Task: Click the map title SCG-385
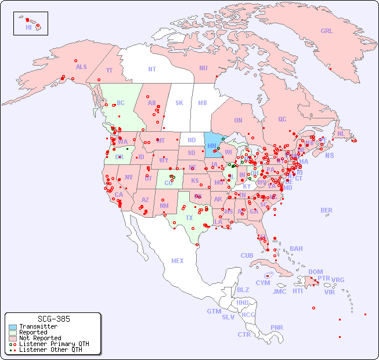(53, 319)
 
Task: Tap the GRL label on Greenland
(327, 31)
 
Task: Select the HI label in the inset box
(28, 27)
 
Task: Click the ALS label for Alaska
(81, 67)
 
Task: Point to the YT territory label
(109, 70)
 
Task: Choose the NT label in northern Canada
(151, 69)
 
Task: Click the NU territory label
(203, 68)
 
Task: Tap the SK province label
(179, 103)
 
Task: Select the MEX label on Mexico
(178, 261)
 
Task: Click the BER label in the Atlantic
(327, 210)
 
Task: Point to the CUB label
(247, 255)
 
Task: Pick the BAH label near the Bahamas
(296, 249)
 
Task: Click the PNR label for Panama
(277, 327)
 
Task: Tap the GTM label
(214, 311)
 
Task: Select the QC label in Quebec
(282, 120)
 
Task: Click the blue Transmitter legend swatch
(12, 327)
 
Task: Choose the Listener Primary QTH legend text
(54, 344)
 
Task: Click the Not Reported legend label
(40, 338)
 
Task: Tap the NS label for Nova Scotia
(329, 155)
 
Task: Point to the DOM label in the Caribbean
(315, 272)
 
